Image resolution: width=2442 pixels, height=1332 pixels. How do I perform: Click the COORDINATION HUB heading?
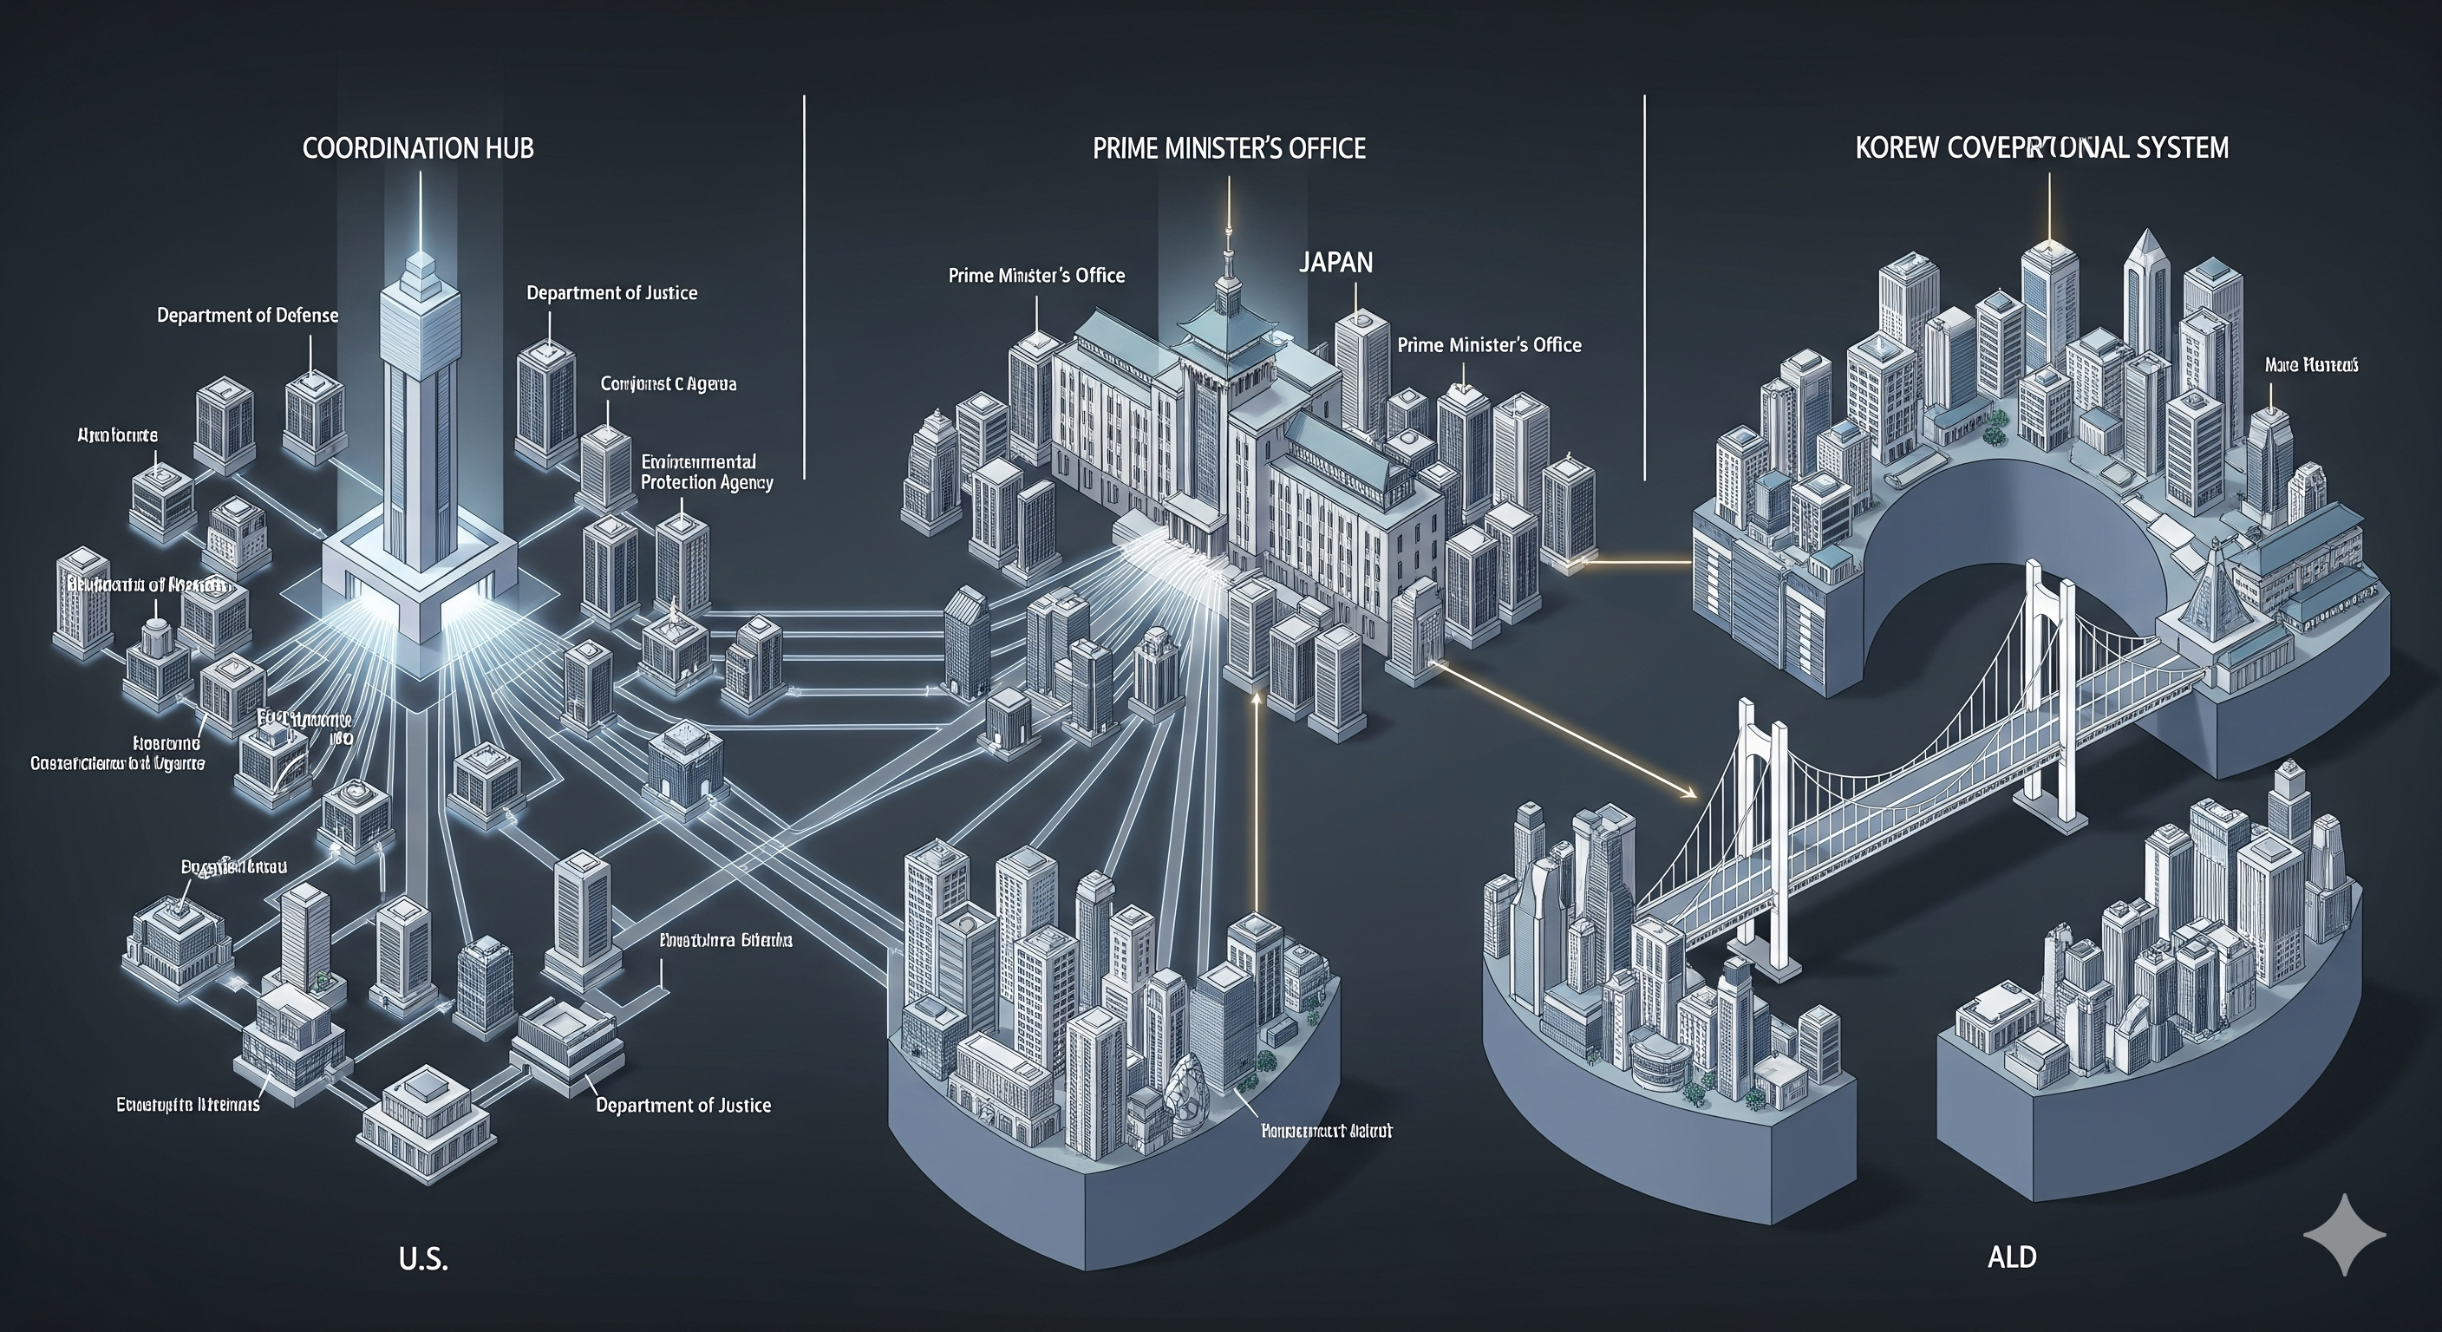tap(418, 149)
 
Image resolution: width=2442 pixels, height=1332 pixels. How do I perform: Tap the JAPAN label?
tap(1335, 263)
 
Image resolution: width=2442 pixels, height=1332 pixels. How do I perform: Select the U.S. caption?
tap(423, 1260)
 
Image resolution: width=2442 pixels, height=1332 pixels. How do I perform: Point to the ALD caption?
tap(2012, 1258)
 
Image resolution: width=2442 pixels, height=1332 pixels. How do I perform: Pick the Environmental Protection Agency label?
tap(706, 472)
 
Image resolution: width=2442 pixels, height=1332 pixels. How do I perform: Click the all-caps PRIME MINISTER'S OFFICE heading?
tap(1229, 149)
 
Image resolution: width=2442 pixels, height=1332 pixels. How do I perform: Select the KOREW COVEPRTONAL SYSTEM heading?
tap(2042, 149)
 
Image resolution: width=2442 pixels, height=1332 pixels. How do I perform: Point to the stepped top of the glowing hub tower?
tap(419, 271)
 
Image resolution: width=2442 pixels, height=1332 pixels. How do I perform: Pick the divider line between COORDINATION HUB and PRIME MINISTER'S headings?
tap(804, 284)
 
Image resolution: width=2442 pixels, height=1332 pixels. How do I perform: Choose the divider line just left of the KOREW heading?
tap(1645, 284)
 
